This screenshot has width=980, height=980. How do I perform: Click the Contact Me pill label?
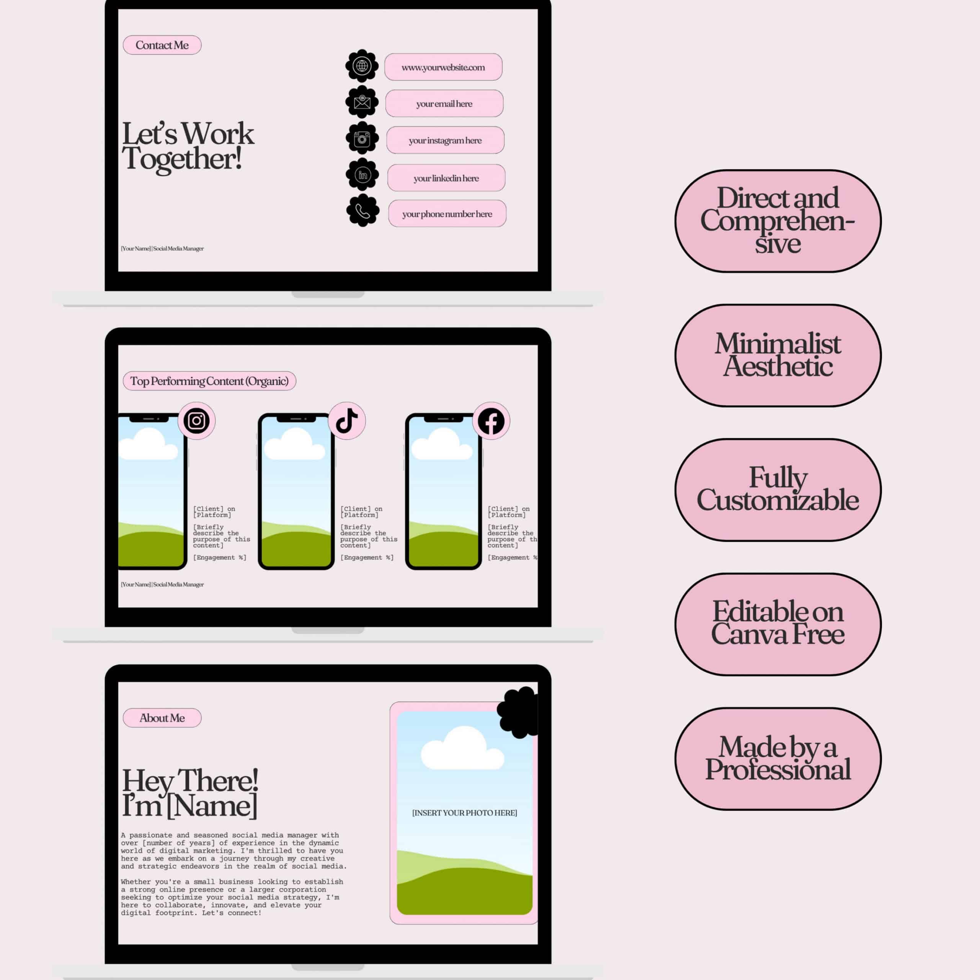[x=162, y=45]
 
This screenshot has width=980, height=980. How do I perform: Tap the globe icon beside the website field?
[x=362, y=65]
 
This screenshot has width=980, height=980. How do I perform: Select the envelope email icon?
[x=362, y=102]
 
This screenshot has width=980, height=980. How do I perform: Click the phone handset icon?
[x=363, y=211]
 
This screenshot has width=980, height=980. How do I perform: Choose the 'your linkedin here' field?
[x=446, y=178]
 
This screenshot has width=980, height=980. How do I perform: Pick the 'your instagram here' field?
[x=445, y=140]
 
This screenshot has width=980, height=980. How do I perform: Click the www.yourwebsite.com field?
[x=443, y=67]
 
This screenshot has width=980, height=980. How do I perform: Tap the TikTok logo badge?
[x=347, y=420]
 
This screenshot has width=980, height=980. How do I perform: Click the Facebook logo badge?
[x=491, y=421]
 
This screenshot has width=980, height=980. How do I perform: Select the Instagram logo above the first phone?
[x=196, y=420]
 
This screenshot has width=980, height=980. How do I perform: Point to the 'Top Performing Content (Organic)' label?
[x=209, y=381]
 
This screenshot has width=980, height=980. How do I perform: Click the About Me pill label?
[x=162, y=718]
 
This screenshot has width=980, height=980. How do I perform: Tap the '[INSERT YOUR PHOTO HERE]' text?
[x=465, y=813]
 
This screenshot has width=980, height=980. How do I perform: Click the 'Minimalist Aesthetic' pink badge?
[x=777, y=355]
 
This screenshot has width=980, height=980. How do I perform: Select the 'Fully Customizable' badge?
[x=777, y=490]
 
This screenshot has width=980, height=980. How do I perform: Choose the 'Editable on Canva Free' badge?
[x=777, y=624]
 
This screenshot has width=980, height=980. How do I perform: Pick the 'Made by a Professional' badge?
[x=777, y=758]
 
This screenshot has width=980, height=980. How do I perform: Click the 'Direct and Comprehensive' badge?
[x=777, y=220]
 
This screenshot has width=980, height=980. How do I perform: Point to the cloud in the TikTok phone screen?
[x=295, y=444]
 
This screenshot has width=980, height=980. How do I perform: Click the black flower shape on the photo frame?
[x=518, y=712]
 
